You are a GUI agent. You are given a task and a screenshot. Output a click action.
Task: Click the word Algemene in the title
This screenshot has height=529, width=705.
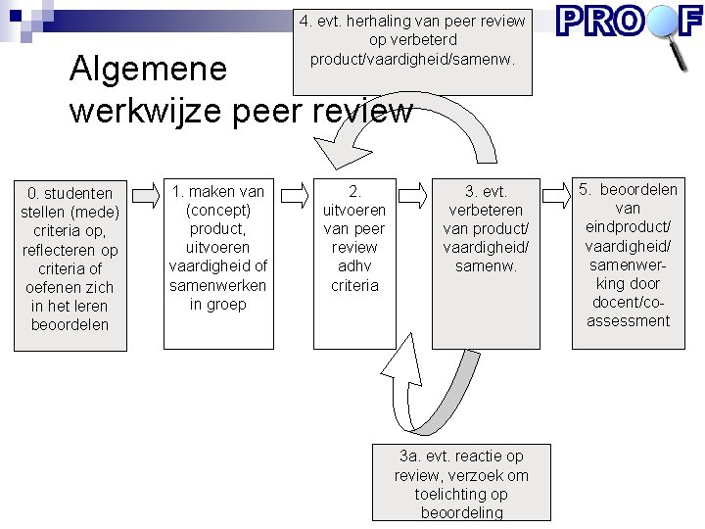(x=148, y=69)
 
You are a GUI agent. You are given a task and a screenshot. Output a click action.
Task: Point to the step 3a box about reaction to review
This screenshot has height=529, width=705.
(x=461, y=484)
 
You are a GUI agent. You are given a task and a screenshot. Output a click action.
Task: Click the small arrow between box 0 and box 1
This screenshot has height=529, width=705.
(x=145, y=195)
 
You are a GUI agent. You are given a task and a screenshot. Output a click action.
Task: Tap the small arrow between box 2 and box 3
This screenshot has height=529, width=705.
(x=414, y=195)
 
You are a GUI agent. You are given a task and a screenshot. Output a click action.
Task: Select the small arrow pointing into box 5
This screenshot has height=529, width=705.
(x=555, y=195)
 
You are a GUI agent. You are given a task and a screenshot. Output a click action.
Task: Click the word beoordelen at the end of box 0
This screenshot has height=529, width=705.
(x=70, y=324)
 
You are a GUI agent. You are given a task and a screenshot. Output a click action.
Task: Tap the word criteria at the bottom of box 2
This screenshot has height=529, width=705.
(x=354, y=285)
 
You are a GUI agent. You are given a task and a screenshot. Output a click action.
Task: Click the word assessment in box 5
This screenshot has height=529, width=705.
(x=629, y=320)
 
